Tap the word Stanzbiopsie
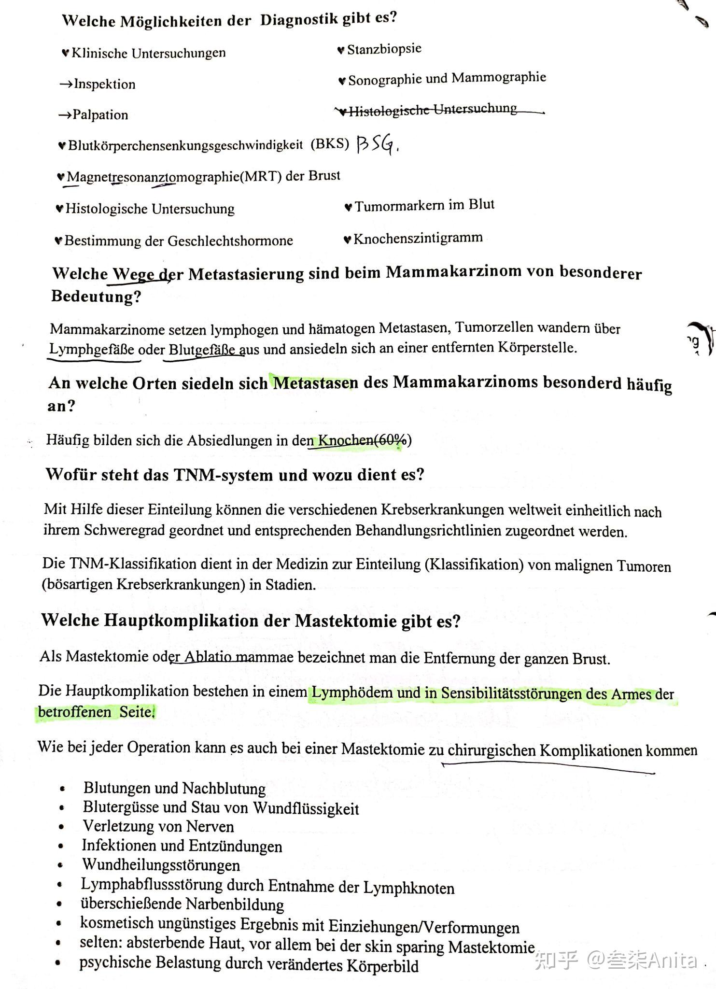coord(384,49)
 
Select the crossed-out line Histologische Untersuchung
coord(433,110)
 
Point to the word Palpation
coord(100,115)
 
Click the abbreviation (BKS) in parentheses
coord(330,144)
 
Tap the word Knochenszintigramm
coord(418,239)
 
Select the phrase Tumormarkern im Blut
coord(424,206)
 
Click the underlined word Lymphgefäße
coord(92,349)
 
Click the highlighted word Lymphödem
coord(351,692)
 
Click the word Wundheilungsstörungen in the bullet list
coord(161,865)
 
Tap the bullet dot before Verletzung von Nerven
coord(61,827)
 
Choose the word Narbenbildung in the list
coord(235,904)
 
